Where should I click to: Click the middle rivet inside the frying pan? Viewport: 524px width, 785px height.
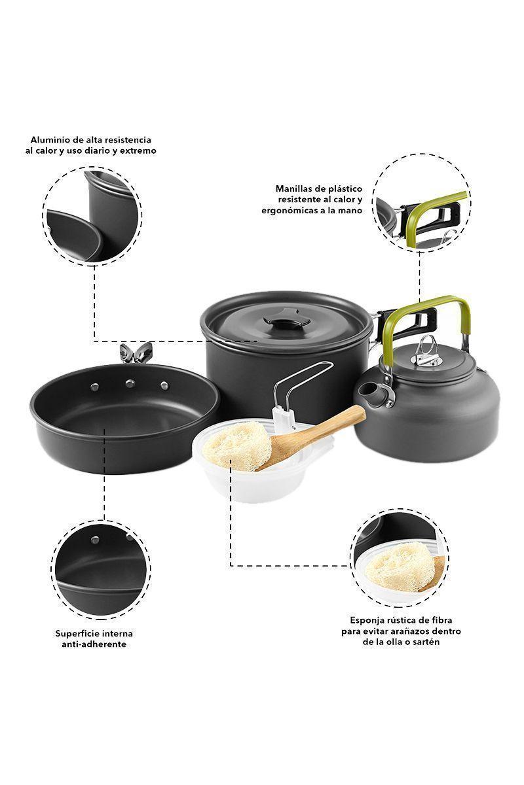[130, 383]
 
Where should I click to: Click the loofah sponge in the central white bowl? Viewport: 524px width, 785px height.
[237, 445]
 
